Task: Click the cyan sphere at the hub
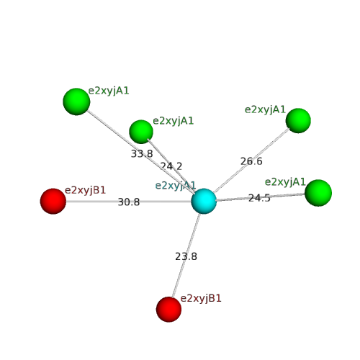(204, 201)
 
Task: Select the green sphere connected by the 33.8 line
(76, 102)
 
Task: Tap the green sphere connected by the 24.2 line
(141, 132)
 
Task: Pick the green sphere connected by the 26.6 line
(298, 121)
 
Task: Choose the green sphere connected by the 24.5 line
(318, 193)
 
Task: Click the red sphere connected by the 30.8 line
(53, 201)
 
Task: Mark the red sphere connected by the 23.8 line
(168, 310)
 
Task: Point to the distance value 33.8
(142, 153)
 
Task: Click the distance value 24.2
(171, 166)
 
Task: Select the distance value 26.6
(251, 161)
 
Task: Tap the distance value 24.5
(259, 198)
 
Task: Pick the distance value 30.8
(129, 202)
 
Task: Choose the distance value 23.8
(186, 256)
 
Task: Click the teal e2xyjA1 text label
(176, 186)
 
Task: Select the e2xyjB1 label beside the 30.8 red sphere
(85, 190)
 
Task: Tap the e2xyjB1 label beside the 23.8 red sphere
(201, 299)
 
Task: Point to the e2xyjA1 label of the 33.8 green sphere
(109, 91)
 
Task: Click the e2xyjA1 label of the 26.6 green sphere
(265, 110)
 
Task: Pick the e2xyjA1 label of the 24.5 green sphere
(285, 182)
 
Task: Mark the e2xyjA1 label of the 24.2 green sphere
(173, 121)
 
